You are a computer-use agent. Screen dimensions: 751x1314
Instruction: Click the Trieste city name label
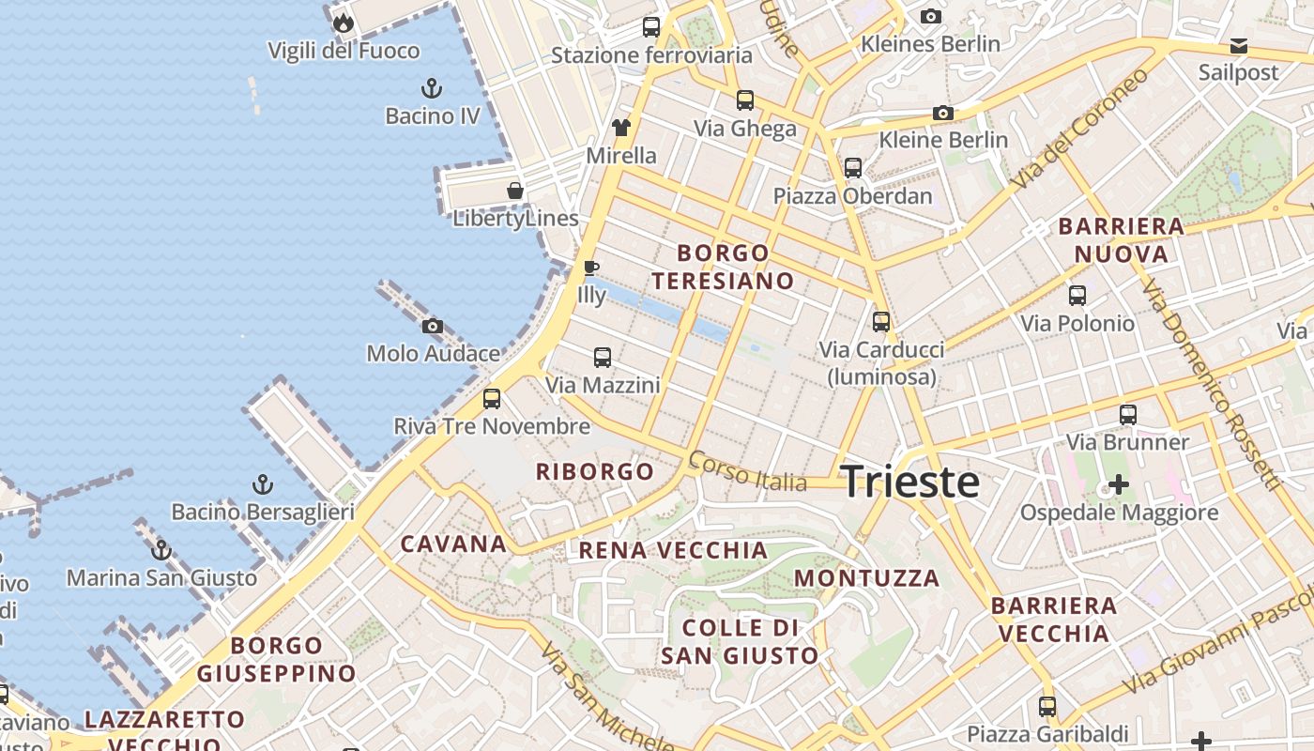[x=909, y=482]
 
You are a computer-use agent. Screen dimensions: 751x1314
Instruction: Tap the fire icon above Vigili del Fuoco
[x=344, y=23]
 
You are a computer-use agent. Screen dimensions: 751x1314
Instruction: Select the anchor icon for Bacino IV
[x=431, y=89]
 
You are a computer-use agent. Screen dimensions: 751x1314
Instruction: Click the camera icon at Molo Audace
[x=433, y=327]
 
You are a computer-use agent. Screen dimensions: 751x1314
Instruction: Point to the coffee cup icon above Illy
[x=591, y=268]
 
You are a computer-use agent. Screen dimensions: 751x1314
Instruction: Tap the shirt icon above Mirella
[x=621, y=128]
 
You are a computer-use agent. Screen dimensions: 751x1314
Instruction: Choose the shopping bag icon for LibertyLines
[x=515, y=191]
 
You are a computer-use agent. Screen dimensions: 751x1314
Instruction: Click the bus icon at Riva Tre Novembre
[x=492, y=399]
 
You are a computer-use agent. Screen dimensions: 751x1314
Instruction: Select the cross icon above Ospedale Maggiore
[x=1119, y=484]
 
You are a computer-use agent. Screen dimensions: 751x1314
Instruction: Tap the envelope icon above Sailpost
[x=1239, y=46]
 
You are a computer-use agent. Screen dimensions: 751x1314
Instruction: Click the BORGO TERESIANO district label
[x=723, y=267]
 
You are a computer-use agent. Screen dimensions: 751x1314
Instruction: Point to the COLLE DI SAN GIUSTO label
[x=740, y=641]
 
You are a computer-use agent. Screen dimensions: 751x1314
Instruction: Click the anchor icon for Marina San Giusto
[x=161, y=550]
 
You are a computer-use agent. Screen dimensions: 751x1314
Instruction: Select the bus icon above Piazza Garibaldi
[x=1047, y=707]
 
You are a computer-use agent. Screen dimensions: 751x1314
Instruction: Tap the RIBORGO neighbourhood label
[x=595, y=471]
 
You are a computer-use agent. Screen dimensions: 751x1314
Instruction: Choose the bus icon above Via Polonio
[x=1077, y=296]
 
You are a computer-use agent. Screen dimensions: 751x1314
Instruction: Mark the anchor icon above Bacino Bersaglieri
[x=263, y=484]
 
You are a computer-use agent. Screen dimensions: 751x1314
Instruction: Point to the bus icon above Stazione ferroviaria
[x=651, y=27]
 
